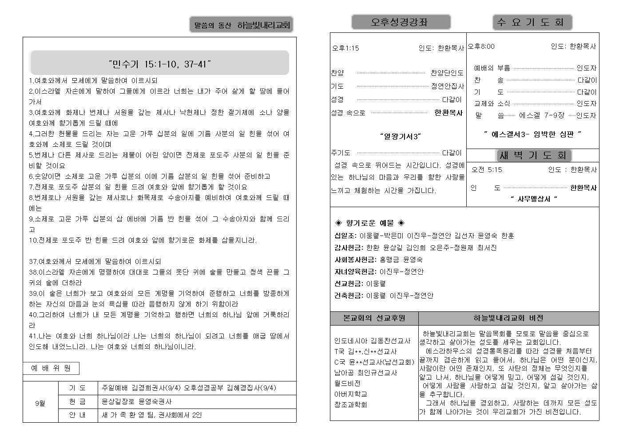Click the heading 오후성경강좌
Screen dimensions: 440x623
point(401,22)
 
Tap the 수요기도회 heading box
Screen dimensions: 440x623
point(532,22)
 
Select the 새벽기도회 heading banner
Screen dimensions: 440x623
point(533,155)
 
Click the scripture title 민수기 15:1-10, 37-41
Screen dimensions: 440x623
point(159,64)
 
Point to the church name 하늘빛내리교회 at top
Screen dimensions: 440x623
point(263,25)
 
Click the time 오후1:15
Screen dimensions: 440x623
point(345,48)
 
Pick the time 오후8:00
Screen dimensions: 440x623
point(481,46)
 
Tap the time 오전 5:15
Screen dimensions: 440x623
point(487,169)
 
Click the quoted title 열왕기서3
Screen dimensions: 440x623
point(400,136)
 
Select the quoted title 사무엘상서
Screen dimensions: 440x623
point(533,199)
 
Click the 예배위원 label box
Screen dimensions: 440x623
point(51,368)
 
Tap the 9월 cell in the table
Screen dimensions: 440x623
point(40,403)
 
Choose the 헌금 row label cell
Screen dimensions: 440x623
point(78,401)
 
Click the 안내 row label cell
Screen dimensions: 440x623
point(78,415)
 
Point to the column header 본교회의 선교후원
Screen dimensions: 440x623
point(374,318)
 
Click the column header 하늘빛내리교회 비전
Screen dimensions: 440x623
point(508,318)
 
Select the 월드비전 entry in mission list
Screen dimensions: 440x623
point(347,383)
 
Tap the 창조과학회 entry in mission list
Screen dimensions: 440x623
point(350,405)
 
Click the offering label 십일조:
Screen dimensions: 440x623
point(345,236)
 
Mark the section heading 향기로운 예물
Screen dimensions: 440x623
point(369,223)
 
